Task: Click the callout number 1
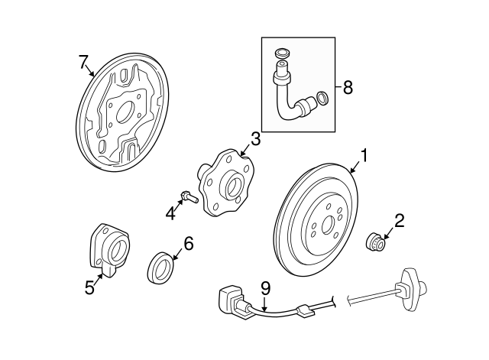coord(364,156)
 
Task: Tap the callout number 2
coord(399,221)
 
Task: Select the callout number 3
coord(255,139)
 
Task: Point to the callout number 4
coord(170,214)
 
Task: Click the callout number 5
coord(89,287)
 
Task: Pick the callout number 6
coord(189,244)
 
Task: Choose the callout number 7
coord(83,62)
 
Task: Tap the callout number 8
coord(348,87)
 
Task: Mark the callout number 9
coord(265,289)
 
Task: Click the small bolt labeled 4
coord(189,197)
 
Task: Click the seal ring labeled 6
coord(160,268)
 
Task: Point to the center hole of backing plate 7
coord(124,112)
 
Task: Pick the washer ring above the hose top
coord(283,54)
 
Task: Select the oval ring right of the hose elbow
coord(322,99)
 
